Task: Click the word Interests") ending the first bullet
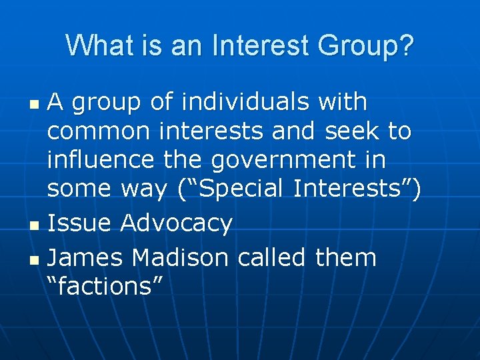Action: coord(356,189)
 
